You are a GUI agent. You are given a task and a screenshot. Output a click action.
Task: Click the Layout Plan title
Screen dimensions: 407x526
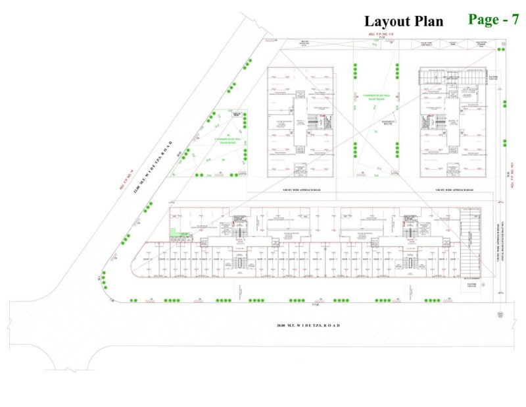coord(404,21)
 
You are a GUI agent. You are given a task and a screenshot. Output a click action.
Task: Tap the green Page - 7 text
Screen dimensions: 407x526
coord(494,19)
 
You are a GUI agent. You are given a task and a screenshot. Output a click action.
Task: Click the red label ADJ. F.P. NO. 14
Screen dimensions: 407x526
coord(124,181)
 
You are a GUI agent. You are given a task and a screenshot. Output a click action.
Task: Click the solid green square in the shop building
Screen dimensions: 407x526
coord(174,232)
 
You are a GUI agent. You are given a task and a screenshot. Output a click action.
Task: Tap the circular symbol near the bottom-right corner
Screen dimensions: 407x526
coord(500,315)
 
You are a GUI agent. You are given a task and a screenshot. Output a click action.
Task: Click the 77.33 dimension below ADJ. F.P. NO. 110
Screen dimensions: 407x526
coord(381,38)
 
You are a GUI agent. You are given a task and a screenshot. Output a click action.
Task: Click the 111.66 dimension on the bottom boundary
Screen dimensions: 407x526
coord(315,305)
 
